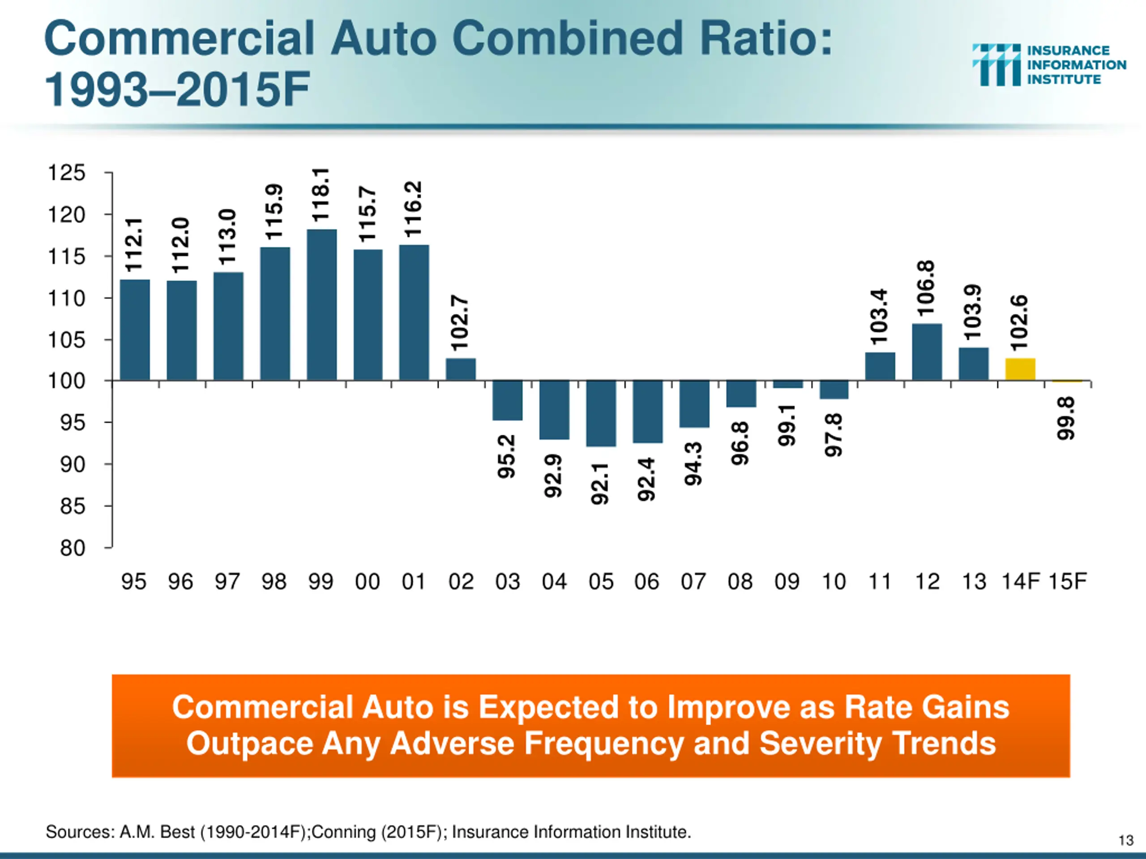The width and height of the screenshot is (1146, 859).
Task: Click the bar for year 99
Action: [x=321, y=305]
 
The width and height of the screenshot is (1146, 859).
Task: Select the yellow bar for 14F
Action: [x=1020, y=369]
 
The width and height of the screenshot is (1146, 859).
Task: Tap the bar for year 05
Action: [x=601, y=413]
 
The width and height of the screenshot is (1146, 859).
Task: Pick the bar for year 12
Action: [x=927, y=352]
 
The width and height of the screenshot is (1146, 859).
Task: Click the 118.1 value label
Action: [x=321, y=195]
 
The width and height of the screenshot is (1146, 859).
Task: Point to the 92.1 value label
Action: [x=600, y=483]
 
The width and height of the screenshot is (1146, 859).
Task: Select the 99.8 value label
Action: [x=1066, y=418]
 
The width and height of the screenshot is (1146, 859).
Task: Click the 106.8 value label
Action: [x=926, y=288]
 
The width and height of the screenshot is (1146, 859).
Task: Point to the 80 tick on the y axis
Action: [x=73, y=548]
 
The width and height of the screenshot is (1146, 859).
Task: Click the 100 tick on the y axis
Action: [x=66, y=381]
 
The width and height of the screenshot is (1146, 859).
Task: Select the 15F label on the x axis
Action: [x=1067, y=582]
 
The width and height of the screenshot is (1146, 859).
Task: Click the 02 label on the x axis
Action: [x=461, y=582]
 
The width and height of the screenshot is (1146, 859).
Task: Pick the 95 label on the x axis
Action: [x=134, y=582]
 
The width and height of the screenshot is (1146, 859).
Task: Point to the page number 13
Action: [x=1126, y=840]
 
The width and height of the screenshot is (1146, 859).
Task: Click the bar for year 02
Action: [x=461, y=369]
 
